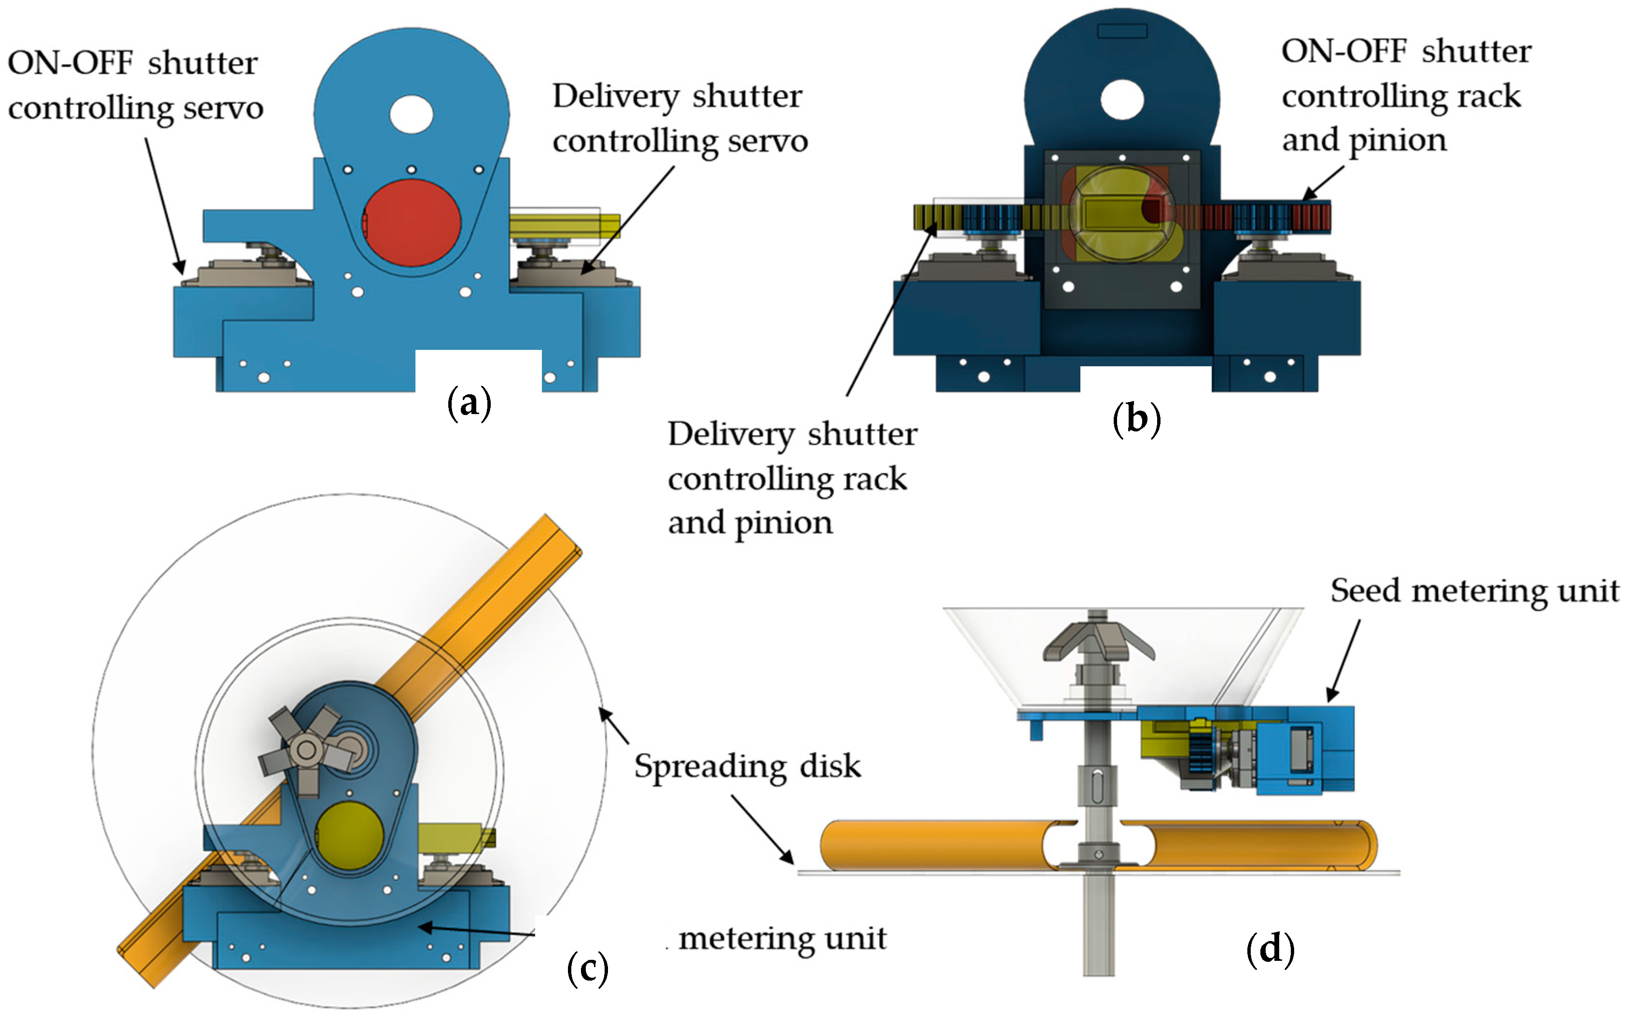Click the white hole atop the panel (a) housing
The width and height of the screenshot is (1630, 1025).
tap(412, 114)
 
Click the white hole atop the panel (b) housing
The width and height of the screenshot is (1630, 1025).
tap(1122, 99)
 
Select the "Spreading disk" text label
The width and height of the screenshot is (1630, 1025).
tap(747, 766)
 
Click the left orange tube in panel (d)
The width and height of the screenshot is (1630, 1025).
tap(934, 845)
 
